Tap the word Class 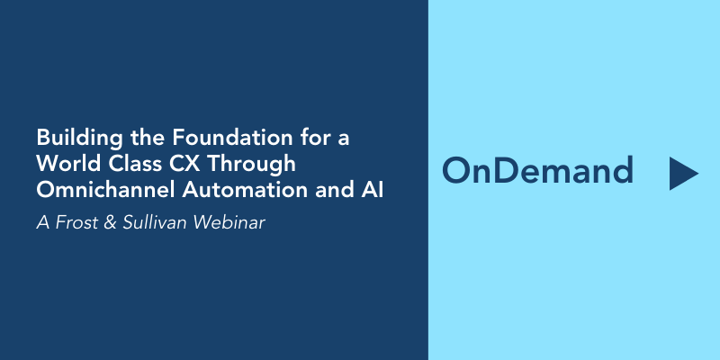point(134,164)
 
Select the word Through point(251,166)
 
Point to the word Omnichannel point(105,190)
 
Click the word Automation point(245,190)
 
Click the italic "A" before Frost point(42,222)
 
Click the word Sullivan point(155,222)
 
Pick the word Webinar point(229,222)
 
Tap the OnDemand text point(537,170)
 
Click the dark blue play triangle point(681,174)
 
